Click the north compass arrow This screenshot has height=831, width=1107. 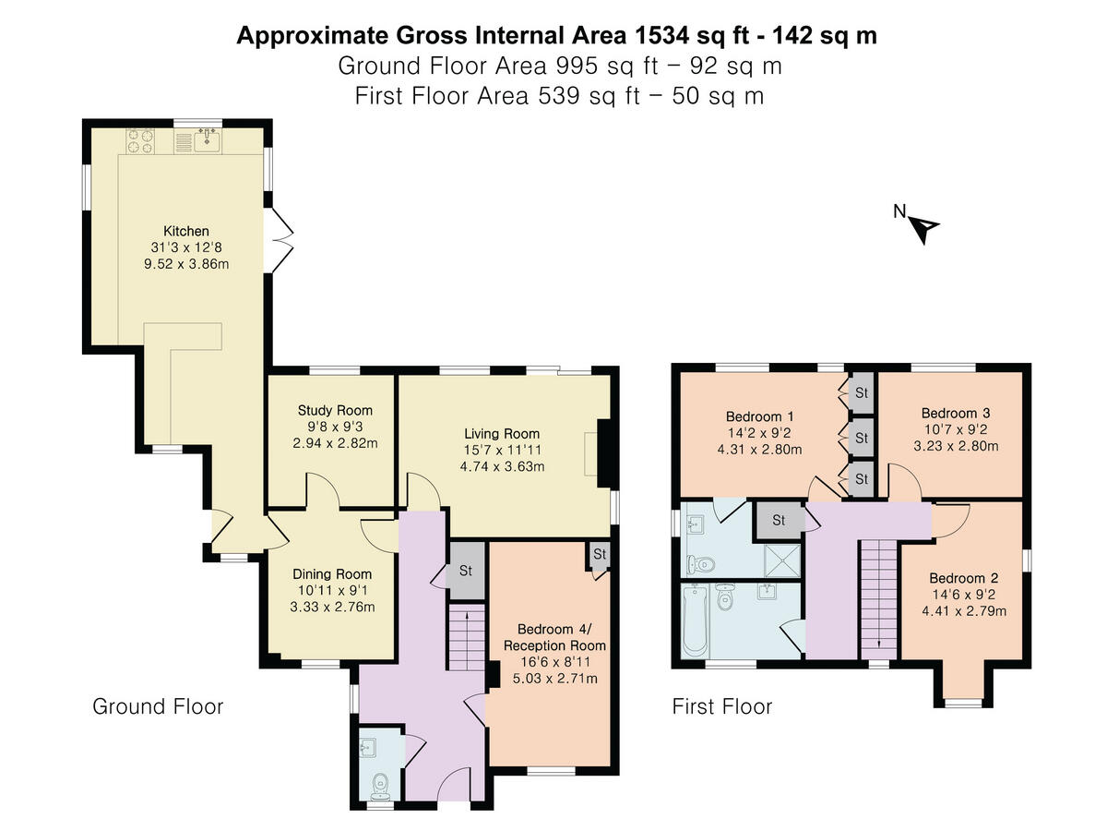[x=924, y=226]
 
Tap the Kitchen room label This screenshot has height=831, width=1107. [x=186, y=231]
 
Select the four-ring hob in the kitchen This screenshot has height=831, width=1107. [x=140, y=140]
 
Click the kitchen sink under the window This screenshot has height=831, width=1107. [x=207, y=140]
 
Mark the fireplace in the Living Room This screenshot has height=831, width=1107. [x=603, y=453]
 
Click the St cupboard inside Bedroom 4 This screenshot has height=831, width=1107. [x=600, y=556]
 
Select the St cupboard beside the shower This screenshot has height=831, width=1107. [x=778, y=520]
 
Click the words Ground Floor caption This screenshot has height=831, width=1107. [x=158, y=707]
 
